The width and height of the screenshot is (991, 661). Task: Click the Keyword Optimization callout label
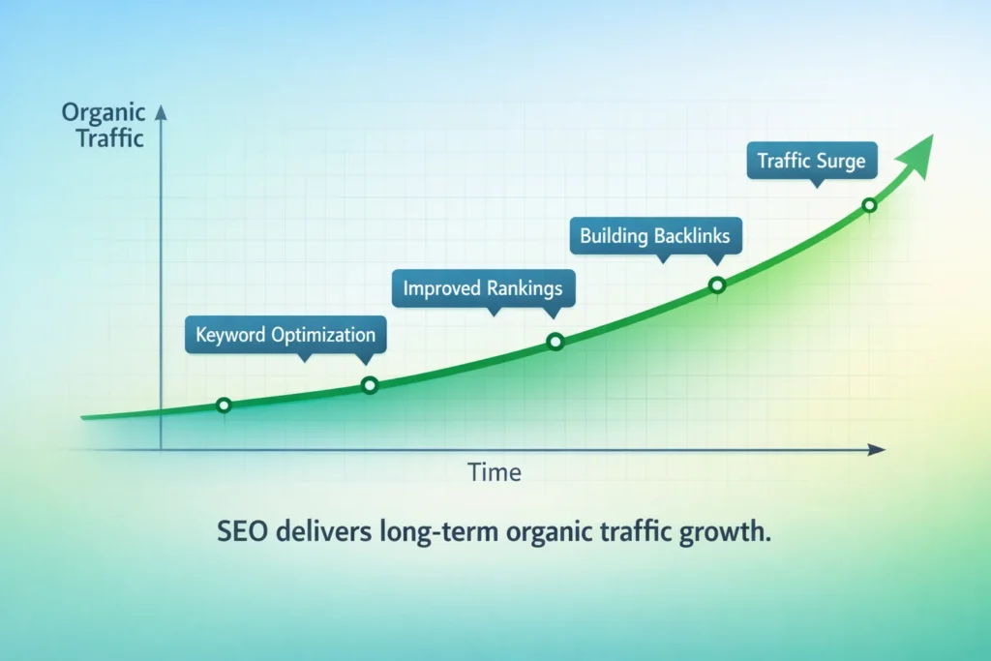285,336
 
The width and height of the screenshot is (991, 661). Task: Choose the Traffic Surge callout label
811,161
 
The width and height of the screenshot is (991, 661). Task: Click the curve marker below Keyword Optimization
369,385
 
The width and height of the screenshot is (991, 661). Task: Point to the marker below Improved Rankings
555,341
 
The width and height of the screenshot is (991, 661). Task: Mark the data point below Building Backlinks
717,285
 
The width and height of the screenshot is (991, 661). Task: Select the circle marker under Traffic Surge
869,205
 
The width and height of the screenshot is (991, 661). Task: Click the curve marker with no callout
224,405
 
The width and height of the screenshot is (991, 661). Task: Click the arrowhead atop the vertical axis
161,113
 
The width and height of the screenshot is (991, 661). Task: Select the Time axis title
495,473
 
